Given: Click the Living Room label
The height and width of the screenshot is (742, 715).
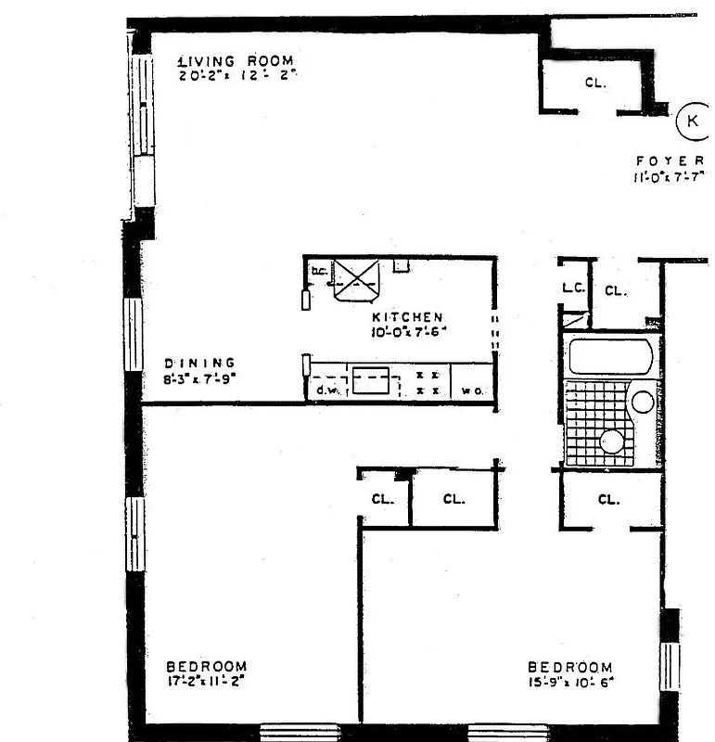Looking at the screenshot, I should (236, 62).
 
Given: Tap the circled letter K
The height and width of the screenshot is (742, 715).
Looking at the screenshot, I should (692, 120).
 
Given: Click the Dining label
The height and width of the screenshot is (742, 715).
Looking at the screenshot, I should (199, 363).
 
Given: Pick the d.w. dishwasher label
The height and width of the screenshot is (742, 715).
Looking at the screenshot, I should (325, 390).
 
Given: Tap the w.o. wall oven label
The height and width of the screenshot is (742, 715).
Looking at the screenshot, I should (471, 391).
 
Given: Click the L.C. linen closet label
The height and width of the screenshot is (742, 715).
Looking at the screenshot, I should (573, 288).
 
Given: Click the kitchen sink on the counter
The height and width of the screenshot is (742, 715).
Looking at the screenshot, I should (374, 379).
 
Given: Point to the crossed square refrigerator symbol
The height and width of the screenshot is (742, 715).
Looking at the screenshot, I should (357, 281).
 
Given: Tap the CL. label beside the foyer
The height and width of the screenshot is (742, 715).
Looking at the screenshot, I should (595, 83).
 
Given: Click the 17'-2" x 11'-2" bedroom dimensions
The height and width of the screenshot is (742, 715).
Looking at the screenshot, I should (207, 682).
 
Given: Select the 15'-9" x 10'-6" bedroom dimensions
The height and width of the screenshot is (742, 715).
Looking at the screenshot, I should (570, 683).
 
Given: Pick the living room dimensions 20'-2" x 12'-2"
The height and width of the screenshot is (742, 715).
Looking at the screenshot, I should (236, 75).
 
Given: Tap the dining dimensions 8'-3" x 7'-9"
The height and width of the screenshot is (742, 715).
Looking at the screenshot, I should (199, 377).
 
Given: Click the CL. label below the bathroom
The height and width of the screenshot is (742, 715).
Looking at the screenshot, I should (608, 500).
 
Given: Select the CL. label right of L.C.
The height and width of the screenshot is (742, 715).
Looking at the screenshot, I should (616, 290).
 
